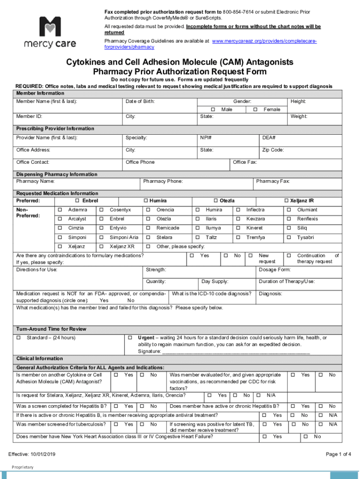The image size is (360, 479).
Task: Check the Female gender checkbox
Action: click(x=255, y=109)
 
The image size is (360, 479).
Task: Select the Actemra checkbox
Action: click(x=59, y=210)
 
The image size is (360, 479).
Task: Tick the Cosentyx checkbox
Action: click(x=101, y=210)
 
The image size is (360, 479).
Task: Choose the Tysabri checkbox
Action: click(x=288, y=237)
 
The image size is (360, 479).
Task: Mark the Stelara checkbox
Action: click(x=148, y=237)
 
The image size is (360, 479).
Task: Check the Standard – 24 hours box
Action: click(x=19, y=338)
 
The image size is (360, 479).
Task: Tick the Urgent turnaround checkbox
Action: click(x=130, y=338)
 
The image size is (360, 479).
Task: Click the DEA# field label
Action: click(x=268, y=138)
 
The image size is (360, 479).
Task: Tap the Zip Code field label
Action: click(x=273, y=150)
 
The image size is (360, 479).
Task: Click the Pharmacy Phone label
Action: click(x=163, y=181)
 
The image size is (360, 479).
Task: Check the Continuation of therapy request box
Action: click(x=288, y=256)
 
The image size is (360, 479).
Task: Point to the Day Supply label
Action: click(x=215, y=282)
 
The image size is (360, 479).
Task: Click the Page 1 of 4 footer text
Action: click(x=338, y=454)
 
